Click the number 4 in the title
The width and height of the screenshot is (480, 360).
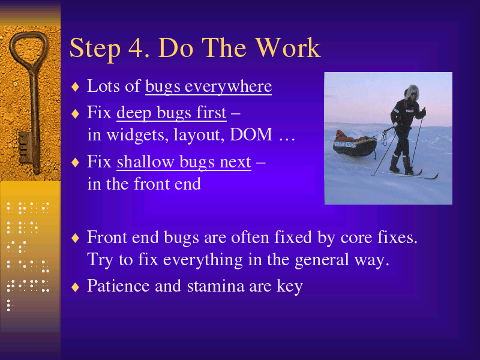136,48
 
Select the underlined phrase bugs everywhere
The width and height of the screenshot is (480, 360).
208,86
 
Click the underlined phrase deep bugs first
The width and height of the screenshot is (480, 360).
172,112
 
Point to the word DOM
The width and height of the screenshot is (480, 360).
251,134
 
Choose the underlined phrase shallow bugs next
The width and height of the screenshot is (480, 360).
184,161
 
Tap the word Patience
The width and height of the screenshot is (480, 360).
118,286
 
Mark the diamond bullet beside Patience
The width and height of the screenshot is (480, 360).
76,287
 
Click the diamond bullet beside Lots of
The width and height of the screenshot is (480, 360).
76,87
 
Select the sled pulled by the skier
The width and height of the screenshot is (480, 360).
355,144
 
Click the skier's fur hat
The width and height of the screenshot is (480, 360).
412,92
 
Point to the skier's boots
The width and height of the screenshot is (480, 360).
401,166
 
